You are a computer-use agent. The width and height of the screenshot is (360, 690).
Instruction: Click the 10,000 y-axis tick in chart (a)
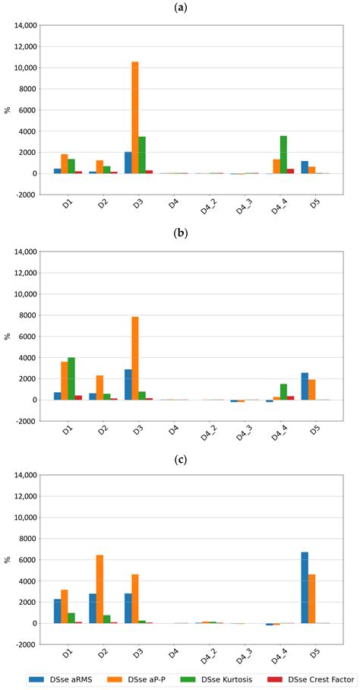20,68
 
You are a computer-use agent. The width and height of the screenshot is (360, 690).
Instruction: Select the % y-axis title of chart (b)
8,336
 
